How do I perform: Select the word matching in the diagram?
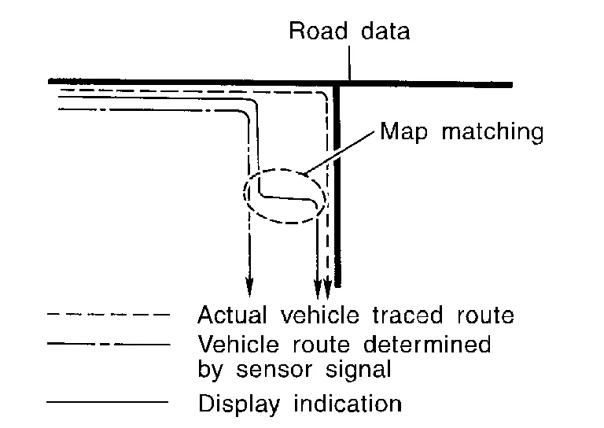pos(492,131)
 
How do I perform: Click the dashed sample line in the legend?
pos(108,316)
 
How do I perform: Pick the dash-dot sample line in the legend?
pos(108,345)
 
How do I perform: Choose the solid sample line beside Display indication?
pos(108,403)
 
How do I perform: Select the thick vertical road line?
pos(337,197)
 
